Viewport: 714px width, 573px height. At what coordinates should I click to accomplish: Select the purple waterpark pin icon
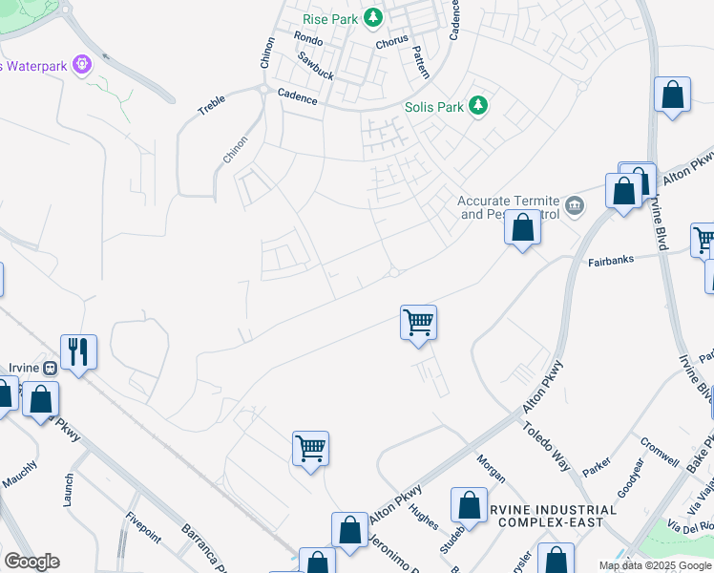[83, 66]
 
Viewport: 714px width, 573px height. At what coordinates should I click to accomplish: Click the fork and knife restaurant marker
[77, 352]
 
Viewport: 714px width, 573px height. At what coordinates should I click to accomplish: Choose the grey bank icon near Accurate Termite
[576, 204]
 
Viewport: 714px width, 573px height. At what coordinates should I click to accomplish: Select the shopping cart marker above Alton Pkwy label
[310, 447]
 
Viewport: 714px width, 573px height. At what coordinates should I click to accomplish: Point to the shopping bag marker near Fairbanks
[522, 228]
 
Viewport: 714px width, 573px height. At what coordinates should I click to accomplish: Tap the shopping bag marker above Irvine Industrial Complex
[468, 505]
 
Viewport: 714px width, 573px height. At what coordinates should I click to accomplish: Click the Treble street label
[211, 104]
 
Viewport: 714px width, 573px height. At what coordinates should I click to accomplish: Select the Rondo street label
[308, 39]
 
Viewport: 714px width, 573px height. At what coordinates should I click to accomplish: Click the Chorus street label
[391, 41]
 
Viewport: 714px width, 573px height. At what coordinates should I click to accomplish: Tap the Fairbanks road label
[612, 259]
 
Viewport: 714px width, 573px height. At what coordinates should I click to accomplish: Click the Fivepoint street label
[143, 528]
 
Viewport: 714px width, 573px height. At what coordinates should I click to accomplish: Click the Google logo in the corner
[31, 562]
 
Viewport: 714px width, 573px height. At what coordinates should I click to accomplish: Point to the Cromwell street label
[659, 447]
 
